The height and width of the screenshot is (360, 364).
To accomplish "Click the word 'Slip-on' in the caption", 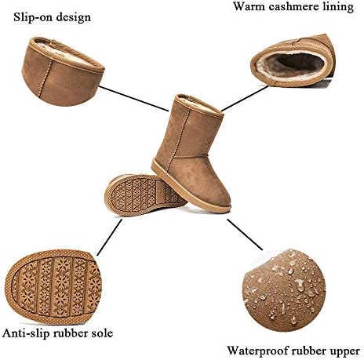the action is point(31,17).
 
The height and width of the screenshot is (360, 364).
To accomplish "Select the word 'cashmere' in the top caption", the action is point(293,6).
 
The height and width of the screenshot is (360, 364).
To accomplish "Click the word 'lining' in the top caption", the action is point(338,7).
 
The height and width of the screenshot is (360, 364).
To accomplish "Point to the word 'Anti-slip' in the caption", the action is point(26,333).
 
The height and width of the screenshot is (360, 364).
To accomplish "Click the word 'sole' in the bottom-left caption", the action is point(103,333).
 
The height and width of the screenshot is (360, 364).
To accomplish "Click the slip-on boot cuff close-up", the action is point(64,71).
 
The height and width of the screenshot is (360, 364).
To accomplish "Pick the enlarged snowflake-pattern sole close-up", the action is point(53,287).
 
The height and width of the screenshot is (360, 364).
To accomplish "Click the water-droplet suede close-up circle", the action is point(285,290).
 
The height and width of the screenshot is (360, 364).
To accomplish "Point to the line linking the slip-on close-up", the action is point(134,99).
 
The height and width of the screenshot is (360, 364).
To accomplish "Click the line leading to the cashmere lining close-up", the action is point(245,99).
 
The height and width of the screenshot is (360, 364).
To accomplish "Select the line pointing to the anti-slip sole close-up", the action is point(109,237).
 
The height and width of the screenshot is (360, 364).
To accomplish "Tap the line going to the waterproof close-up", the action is point(245,235).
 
